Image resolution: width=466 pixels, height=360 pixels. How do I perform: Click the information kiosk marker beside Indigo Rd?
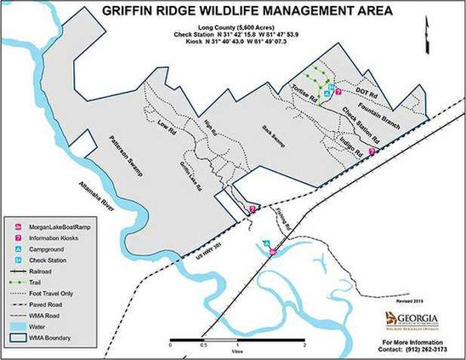pos(371,150)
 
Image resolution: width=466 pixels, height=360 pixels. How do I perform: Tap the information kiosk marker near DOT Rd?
pos(339,92)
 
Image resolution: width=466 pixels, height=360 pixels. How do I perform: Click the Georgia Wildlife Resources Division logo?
pos(407,318)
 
